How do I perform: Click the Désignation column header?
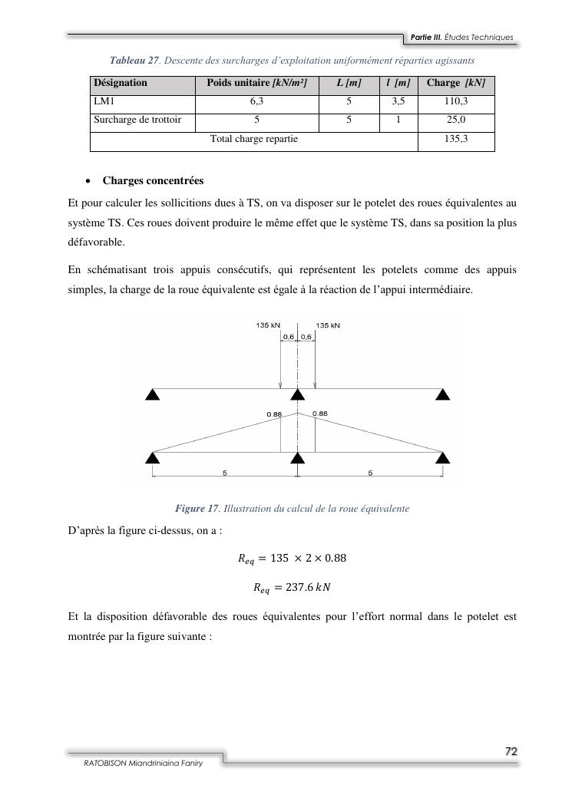tap(120, 83)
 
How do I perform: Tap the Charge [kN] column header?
tap(455, 83)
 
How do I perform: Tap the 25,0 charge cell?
tap(455, 120)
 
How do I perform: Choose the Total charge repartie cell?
tap(254, 139)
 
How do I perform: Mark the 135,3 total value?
tap(455, 139)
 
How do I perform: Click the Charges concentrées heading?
tap(153, 181)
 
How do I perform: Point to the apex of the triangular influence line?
tap(297, 411)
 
